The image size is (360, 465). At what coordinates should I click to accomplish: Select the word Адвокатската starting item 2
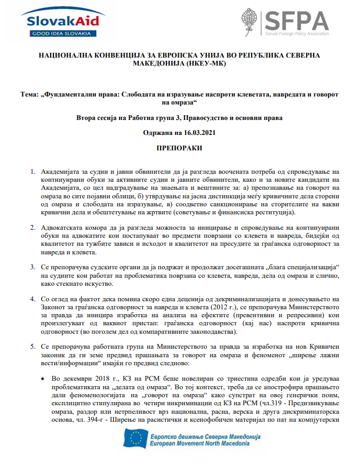62,228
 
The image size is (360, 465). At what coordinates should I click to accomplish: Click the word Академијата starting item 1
61,172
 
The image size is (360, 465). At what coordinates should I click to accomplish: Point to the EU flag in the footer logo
135,439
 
